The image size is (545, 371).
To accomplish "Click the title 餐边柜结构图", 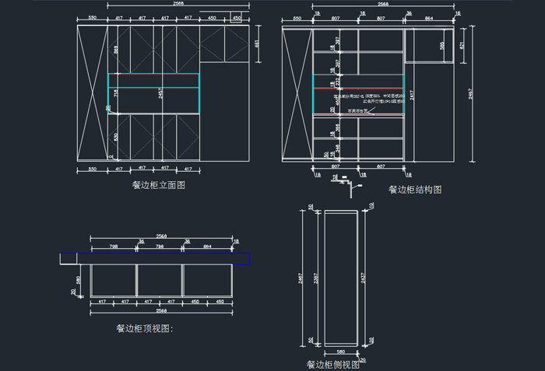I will click(x=415, y=189).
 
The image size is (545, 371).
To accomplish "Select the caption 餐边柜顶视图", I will click(x=144, y=329).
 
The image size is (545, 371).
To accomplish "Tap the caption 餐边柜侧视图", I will click(x=332, y=363).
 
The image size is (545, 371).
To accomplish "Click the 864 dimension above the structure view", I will click(x=430, y=16).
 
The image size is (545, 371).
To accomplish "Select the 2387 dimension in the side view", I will click(x=315, y=277).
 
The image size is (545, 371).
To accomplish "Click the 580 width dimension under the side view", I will click(x=340, y=352).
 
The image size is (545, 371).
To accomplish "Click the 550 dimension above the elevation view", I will click(x=92, y=16).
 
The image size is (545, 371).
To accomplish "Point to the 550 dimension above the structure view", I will click(x=297, y=16).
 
